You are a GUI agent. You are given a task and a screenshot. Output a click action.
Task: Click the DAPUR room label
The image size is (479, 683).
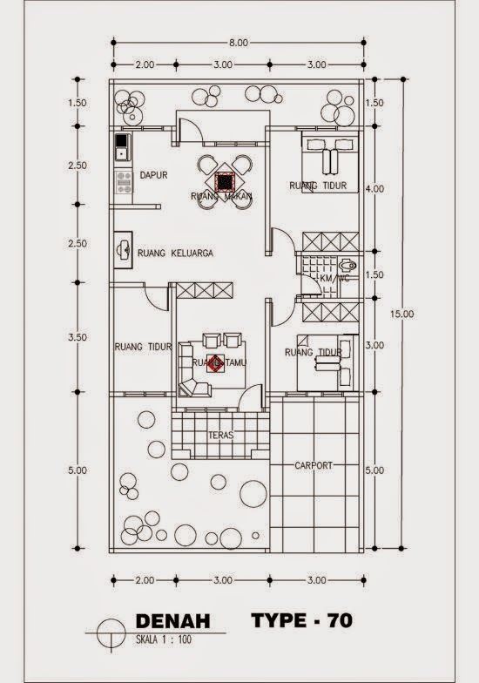(153, 175)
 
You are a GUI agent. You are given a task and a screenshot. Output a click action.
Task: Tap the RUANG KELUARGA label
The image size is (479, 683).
(175, 254)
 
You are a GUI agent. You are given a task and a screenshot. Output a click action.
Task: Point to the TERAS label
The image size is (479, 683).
(219, 434)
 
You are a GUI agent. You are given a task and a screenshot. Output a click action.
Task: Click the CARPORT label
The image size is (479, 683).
(314, 466)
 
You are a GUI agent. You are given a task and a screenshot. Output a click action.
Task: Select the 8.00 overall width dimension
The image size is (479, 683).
(238, 42)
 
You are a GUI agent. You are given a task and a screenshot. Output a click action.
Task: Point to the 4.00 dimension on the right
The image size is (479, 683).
(374, 189)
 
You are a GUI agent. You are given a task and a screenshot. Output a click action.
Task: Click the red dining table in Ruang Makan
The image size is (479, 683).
(225, 182)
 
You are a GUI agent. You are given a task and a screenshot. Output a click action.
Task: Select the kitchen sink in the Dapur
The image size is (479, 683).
(120, 146)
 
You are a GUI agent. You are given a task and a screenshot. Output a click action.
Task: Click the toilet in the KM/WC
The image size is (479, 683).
(348, 265)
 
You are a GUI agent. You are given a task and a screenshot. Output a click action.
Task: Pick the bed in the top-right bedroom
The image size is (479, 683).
(329, 160)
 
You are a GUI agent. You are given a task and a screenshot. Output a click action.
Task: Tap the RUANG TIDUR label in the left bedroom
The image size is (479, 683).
(143, 347)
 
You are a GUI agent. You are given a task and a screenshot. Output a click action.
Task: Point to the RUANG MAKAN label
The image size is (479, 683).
(221, 197)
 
